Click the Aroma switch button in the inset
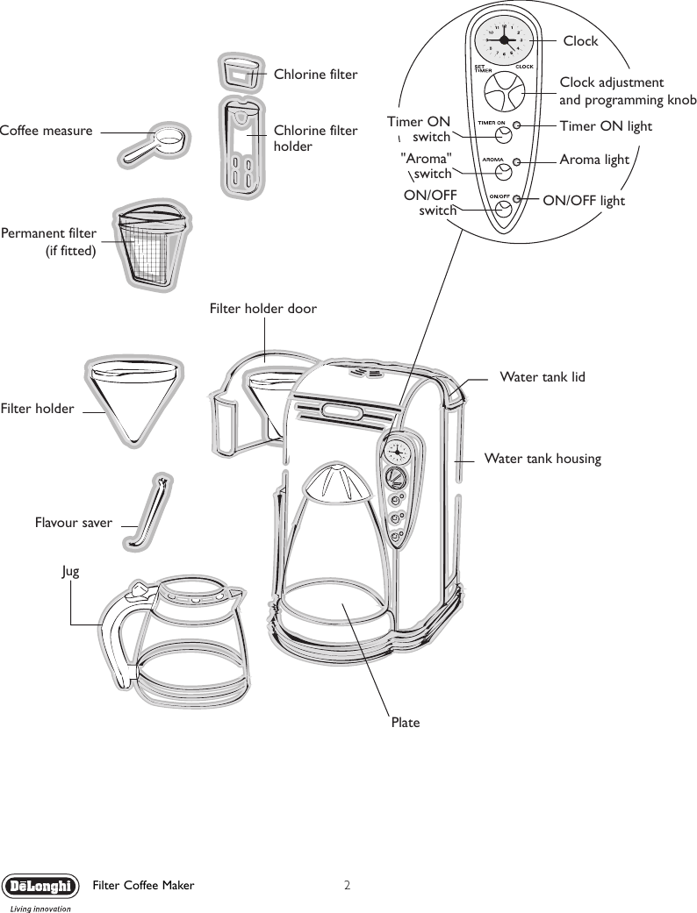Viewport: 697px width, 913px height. tap(504, 172)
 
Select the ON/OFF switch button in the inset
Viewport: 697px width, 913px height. tap(504, 209)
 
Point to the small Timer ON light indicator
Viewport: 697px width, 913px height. tap(518, 126)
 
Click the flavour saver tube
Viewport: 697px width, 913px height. tap(149, 513)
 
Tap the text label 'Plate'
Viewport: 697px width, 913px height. tap(405, 723)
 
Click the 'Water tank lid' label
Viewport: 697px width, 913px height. tap(542, 377)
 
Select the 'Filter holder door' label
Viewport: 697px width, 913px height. tap(262, 309)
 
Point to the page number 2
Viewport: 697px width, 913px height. tap(348, 885)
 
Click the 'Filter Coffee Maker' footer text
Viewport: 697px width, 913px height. tap(143, 886)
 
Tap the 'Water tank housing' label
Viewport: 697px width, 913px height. tap(543, 458)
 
